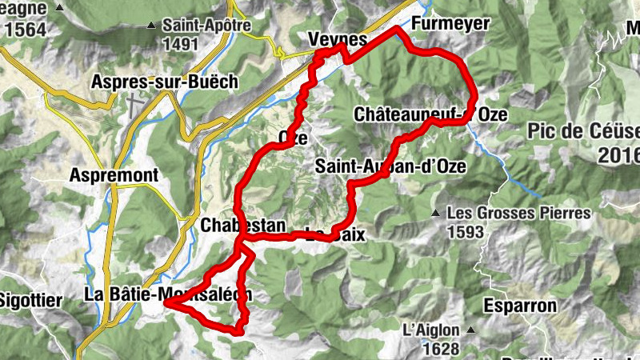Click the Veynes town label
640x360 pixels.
tap(337, 40)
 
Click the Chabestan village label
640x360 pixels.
tap(242, 226)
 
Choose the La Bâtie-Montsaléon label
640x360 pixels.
tap(167, 294)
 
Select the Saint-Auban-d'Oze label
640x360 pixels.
tap(390, 166)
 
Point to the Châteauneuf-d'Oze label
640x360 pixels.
tap(430, 115)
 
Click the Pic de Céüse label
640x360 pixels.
tap(584, 131)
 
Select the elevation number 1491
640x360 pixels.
tap(179, 44)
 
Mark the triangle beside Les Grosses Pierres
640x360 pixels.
tap(435, 214)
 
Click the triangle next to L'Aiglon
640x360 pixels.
tap(472, 330)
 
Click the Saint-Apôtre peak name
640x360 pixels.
tap(206, 26)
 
